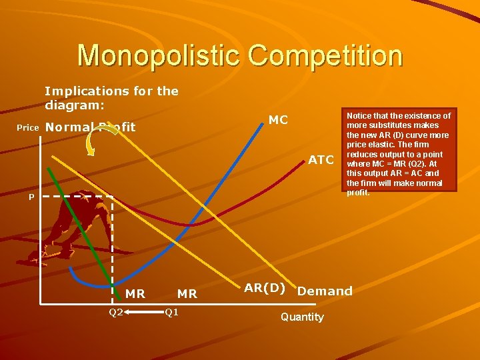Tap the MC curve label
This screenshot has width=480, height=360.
pos(278,120)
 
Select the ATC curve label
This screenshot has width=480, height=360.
pos(321,160)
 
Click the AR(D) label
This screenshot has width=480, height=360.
pos(265,288)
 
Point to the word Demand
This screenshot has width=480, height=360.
pos(325,291)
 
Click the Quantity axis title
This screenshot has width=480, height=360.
pos(302,317)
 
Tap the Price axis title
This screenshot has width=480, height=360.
pos(27,127)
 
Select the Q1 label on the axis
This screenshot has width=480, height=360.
pos(172,311)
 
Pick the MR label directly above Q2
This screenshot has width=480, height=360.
pos(135,293)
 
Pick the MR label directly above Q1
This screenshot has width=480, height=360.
pos(187,293)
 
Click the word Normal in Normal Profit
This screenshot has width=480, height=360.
pos(69,127)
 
